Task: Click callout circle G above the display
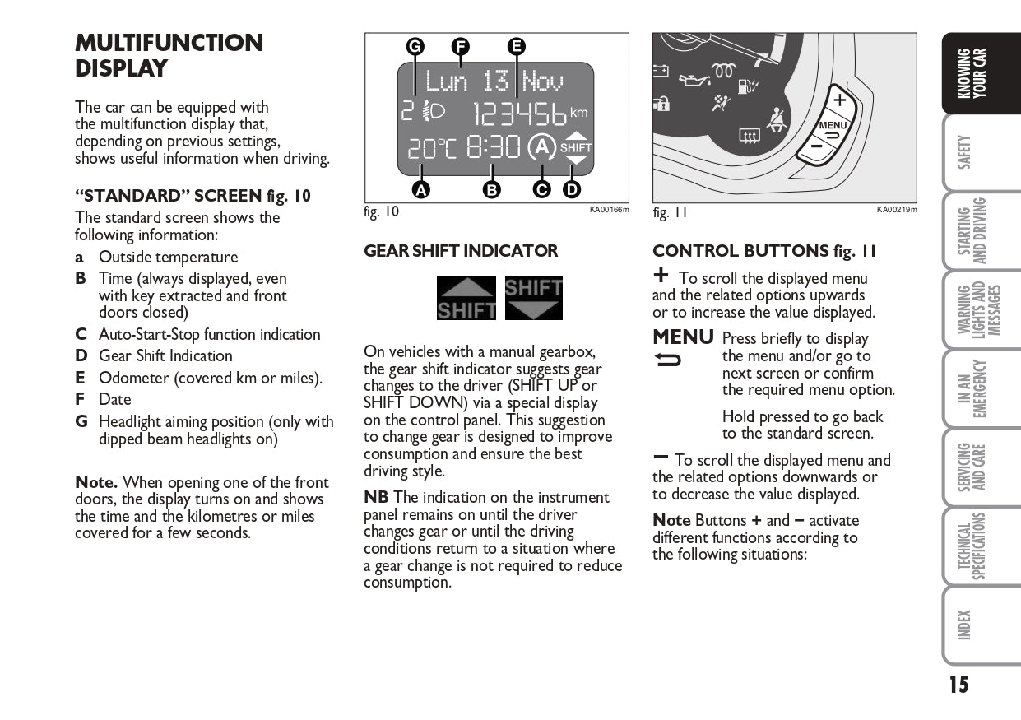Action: pyautogui.click(x=415, y=46)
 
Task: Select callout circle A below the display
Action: pyautogui.click(x=420, y=189)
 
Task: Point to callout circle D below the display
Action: pyautogui.click(x=571, y=189)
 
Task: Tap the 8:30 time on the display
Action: pyautogui.click(x=494, y=147)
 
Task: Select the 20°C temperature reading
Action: pyautogui.click(x=431, y=148)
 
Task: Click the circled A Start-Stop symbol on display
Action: pyautogui.click(x=541, y=147)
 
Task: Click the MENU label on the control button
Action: pyautogui.click(x=833, y=125)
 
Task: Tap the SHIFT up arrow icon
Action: pyautogui.click(x=466, y=298)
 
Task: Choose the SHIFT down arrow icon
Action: pyautogui.click(x=534, y=298)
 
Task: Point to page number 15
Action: pyautogui.click(x=958, y=685)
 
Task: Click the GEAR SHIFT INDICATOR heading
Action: pyautogui.click(x=461, y=251)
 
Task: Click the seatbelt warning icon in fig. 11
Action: pyautogui.click(x=775, y=120)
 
